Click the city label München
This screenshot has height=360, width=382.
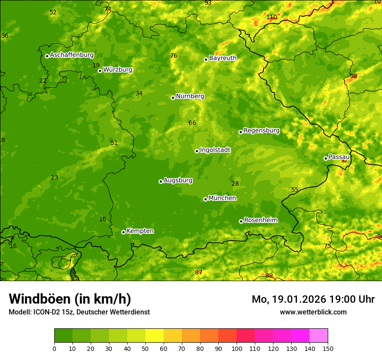point(222,198)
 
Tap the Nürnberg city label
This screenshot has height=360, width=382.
point(190,96)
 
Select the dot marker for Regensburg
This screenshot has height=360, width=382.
point(240,132)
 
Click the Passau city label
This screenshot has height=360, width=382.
point(339,157)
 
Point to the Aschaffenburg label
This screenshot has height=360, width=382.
point(72,55)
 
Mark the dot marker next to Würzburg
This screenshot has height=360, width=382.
point(100,71)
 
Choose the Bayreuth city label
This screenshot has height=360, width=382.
point(223,58)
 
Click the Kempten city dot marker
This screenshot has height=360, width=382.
point(123,232)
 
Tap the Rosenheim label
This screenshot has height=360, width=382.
point(260,220)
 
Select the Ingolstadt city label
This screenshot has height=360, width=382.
point(215,150)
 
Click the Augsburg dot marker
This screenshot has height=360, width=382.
point(161,181)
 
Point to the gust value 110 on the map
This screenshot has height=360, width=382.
point(272,17)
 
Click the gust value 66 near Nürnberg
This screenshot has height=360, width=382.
point(192,123)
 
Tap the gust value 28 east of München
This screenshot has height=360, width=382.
point(235,184)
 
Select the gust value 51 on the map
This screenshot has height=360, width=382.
point(114,143)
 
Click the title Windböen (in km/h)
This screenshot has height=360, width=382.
point(70,299)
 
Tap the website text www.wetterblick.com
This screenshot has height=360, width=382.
point(313,312)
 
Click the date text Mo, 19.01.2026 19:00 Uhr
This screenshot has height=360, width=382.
point(313,299)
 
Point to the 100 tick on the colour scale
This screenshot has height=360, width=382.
point(237,348)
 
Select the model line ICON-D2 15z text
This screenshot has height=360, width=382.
point(79,312)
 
